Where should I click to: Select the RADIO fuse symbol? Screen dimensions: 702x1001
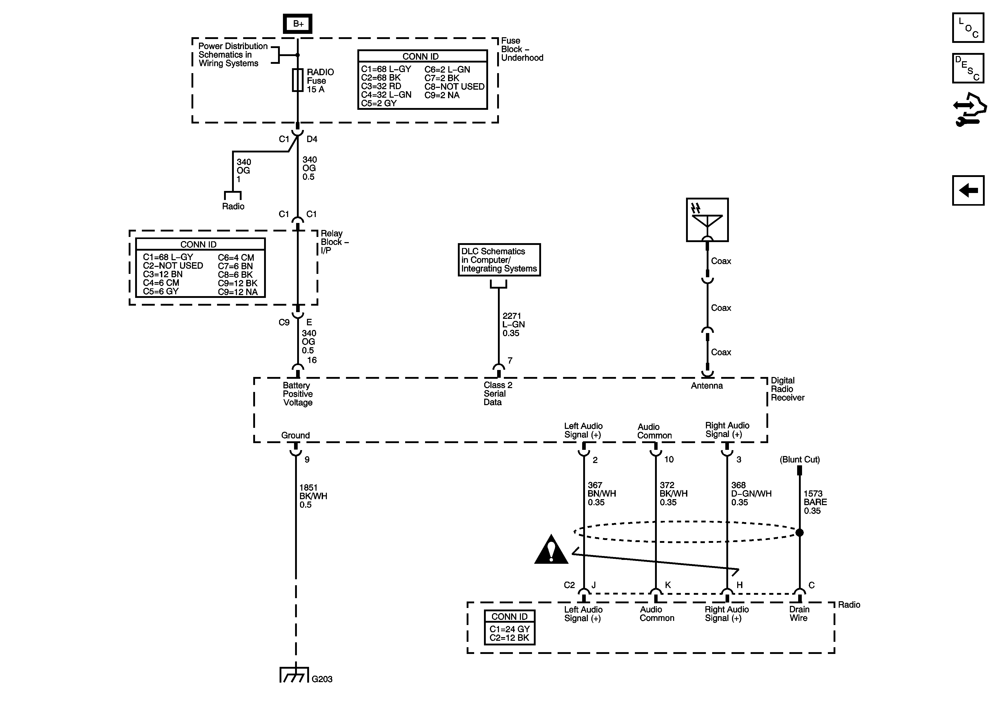coord(298,80)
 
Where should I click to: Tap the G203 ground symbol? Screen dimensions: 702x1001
coord(294,675)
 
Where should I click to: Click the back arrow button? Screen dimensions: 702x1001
coord(968,190)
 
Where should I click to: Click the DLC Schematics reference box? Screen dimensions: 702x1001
coord(499,260)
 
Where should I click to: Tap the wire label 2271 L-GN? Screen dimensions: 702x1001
coord(513,325)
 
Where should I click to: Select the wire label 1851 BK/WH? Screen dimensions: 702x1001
coord(313,496)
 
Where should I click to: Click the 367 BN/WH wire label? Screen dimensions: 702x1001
coord(601,493)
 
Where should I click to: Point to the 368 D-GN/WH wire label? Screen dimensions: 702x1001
coord(751,493)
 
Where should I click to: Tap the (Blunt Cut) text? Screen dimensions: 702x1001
coord(799,460)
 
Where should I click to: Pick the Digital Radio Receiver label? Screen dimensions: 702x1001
coord(787,389)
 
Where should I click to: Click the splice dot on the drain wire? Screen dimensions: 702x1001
coord(799,533)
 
